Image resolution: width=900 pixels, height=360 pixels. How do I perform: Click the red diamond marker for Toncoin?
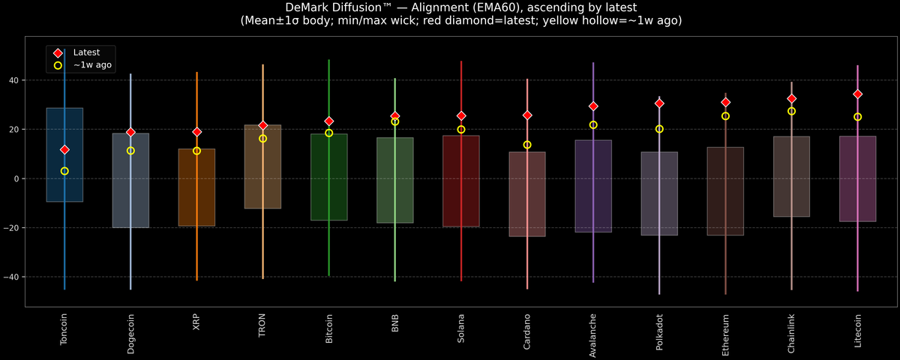(64, 150)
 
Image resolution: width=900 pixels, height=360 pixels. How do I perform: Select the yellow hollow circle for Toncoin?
(64, 171)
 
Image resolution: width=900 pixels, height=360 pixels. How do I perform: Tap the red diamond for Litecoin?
(858, 94)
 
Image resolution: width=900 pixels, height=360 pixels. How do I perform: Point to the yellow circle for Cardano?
(527, 145)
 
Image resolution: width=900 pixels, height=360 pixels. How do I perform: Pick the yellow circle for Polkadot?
(659, 129)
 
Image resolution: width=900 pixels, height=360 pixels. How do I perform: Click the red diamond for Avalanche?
(593, 106)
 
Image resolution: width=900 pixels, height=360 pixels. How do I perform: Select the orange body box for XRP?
(196, 187)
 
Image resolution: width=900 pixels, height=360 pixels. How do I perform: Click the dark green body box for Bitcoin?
(329, 177)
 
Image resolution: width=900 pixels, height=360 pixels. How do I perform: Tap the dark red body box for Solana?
(461, 181)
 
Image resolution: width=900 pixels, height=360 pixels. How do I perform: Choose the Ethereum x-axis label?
(725, 335)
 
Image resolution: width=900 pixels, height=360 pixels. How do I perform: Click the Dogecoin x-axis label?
(130, 334)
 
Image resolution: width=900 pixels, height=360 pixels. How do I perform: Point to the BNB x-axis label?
(395, 323)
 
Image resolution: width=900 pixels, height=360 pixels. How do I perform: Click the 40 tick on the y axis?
(14, 80)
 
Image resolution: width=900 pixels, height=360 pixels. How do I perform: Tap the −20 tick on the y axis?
(12, 228)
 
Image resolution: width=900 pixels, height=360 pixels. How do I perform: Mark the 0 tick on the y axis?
(16, 178)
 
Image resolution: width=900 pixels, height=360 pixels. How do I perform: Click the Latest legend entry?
(76, 52)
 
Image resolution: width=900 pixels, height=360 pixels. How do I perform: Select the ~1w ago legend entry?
(82, 65)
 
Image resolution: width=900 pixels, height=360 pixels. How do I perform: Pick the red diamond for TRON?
(262, 125)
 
